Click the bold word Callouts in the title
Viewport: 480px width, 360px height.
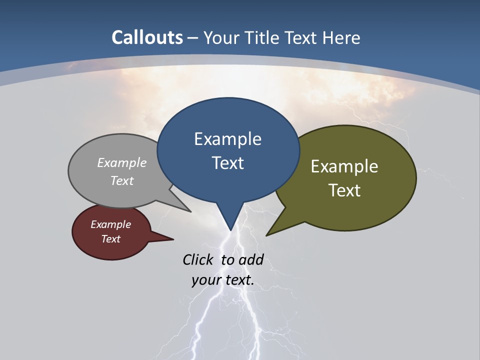[147, 37]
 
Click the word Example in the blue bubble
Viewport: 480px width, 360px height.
[227, 139]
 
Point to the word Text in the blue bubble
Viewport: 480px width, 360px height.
[227, 163]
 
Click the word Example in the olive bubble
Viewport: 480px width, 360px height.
[344, 166]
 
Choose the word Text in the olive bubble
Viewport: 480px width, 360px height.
[344, 190]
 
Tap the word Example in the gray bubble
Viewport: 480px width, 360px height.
[121, 163]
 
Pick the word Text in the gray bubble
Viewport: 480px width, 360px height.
[121, 181]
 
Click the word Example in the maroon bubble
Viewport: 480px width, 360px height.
[110, 224]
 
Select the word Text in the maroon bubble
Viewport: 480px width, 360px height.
[110, 239]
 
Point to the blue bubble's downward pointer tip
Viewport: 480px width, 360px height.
[230, 229]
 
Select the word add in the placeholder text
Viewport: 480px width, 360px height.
[251, 259]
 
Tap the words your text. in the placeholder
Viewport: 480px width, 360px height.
[223, 280]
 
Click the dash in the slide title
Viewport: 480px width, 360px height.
[193, 38]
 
